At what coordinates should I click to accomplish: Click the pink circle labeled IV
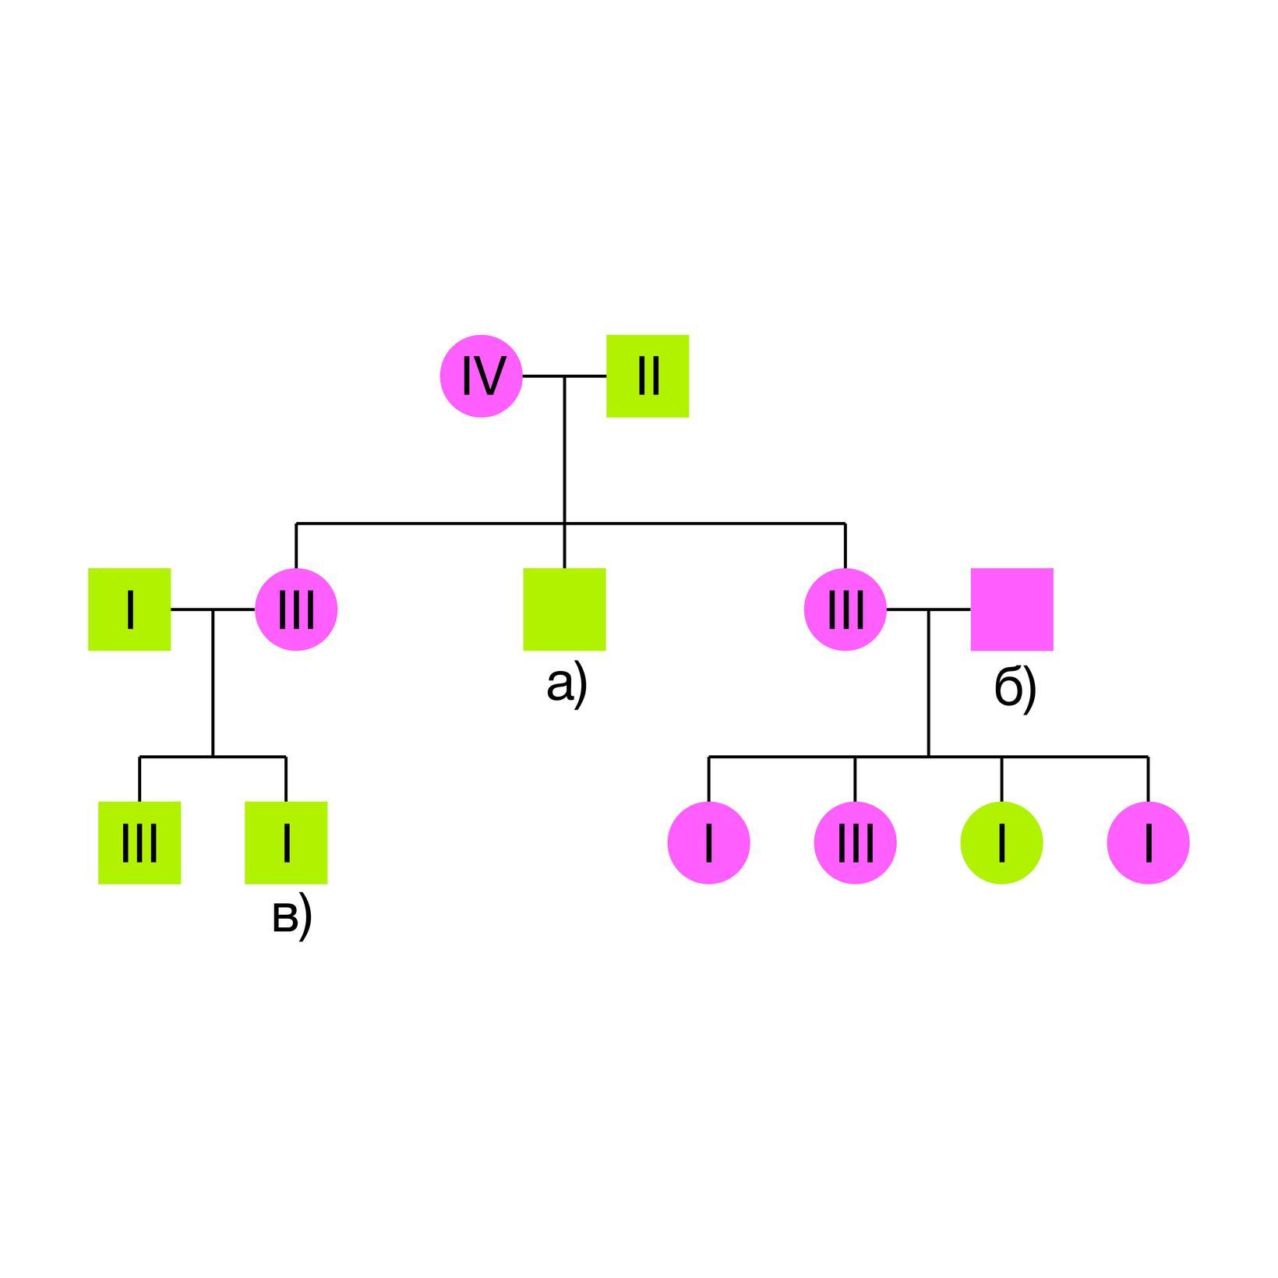(481, 376)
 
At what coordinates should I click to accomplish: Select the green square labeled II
(648, 376)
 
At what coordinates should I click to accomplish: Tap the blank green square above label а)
(564, 609)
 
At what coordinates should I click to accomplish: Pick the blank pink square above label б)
(1011, 609)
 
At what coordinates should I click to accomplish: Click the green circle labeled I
(1001, 842)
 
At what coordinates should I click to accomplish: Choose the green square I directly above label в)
(286, 842)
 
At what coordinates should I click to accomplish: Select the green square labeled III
(139, 842)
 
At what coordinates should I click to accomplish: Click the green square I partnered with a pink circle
(129, 609)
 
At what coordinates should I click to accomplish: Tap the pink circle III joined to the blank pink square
(846, 609)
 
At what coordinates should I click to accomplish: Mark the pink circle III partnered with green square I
(296, 609)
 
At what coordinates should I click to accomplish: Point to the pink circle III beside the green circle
(855, 842)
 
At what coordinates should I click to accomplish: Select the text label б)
(1015, 688)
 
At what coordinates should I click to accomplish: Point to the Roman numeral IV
(481, 376)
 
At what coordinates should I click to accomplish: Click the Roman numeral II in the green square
(648, 376)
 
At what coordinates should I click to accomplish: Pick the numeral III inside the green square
(139, 842)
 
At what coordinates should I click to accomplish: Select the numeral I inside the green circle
(1001, 842)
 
